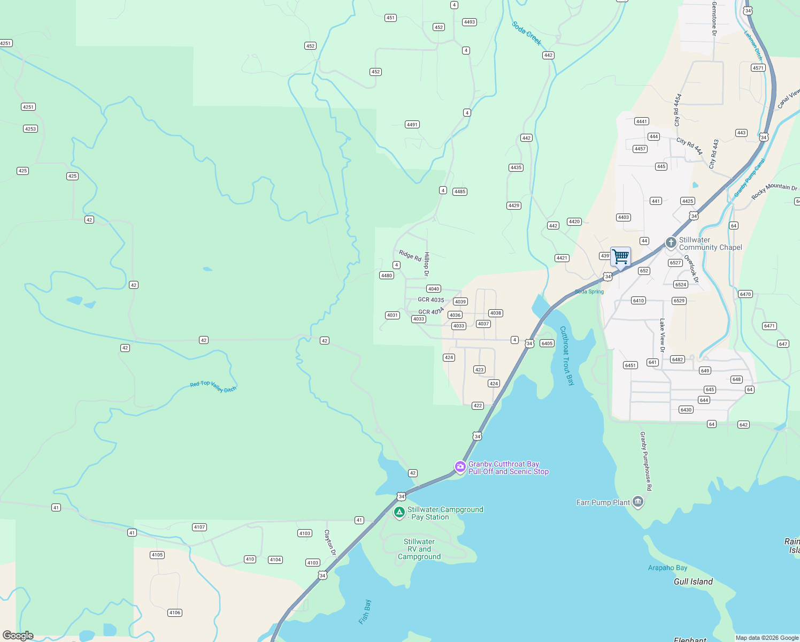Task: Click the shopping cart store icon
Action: [x=620, y=256]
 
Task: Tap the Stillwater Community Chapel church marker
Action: [x=671, y=243]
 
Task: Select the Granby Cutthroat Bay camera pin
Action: [x=460, y=467]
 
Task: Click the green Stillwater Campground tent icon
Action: [x=399, y=513]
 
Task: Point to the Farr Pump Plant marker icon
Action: [x=637, y=502]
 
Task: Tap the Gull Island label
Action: [x=693, y=582]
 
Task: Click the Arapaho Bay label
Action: [x=667, y=568]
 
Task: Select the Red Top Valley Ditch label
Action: [x=213, y=386]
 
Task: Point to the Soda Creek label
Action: [x=527, y=33]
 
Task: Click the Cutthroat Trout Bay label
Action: [x=567, y=356]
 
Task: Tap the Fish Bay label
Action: [x=365, y=612]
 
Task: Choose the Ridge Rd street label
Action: [x=410, y=255]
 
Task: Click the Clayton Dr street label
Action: [x=330, y=542]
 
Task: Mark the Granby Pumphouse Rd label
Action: [x=646, y=461]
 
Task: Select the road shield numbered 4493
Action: [x=470, y=22]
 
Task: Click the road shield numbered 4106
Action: [x=174, y=613]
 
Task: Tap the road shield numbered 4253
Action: [x=30, y=129]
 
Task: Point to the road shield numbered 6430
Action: [x=686, y=410]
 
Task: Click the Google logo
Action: [x=18, y=635]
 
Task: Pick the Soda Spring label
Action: [x=589, y=292]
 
